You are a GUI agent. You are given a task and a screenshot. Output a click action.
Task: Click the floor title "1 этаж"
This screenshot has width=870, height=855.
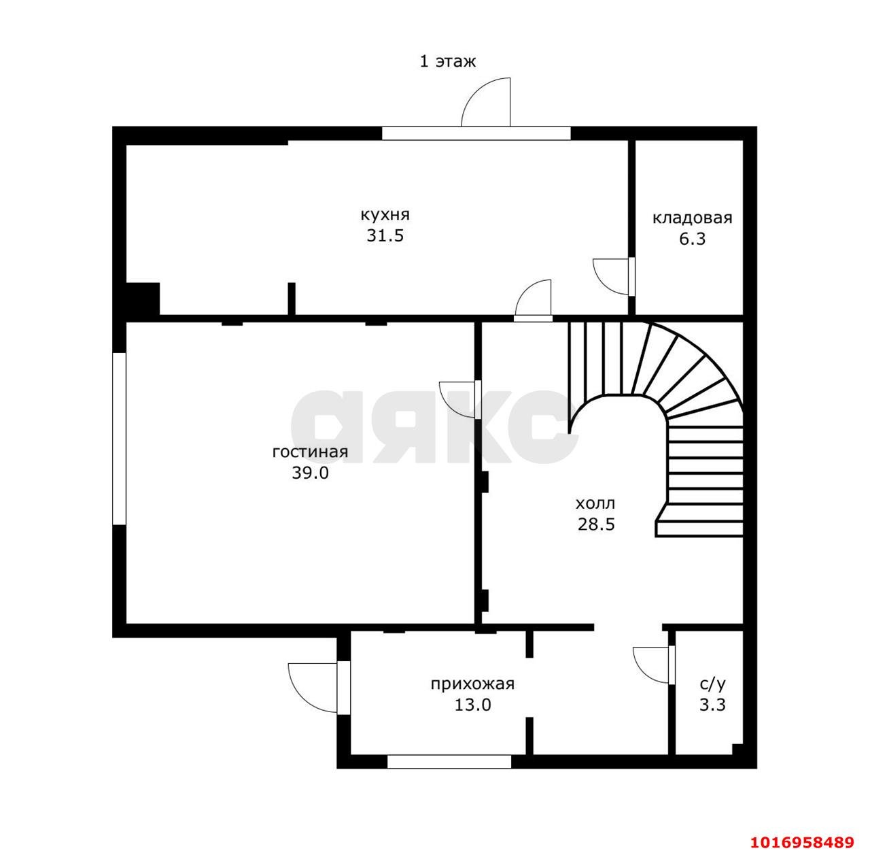coord(447,61)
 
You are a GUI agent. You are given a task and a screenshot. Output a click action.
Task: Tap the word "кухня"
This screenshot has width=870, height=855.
coord(385,214)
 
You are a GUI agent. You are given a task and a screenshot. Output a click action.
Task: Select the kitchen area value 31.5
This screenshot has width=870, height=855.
coord(385,235)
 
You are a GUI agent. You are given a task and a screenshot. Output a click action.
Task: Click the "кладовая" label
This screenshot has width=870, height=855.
coord(692,218)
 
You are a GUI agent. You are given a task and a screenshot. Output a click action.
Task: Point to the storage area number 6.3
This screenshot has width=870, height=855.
coord(692,239)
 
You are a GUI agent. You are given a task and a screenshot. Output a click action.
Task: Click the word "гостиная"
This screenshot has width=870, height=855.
coord(310,452)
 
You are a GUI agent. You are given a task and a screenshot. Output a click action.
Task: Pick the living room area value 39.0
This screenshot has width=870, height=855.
coord(310,473)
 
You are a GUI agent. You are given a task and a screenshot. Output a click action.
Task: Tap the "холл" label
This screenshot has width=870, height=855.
coord(595,503)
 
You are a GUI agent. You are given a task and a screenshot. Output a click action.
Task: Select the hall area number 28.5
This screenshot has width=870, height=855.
coord(596,524)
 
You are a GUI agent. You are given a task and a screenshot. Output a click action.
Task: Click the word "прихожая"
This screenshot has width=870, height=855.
coord(472,684)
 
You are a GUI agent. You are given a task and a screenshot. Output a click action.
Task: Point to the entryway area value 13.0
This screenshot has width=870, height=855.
coord(472,705)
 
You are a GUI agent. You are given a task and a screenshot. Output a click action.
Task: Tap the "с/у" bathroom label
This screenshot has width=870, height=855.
coord(712,684)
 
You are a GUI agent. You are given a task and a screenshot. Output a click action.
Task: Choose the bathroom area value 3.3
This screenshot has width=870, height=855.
coord(712,705)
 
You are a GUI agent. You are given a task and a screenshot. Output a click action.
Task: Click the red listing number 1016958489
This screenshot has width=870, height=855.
coord(802,841)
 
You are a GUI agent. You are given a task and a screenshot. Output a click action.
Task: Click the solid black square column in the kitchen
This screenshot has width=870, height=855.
coord(143,299)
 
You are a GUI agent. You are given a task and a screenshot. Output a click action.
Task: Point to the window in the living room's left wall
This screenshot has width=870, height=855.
coord(119,438)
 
